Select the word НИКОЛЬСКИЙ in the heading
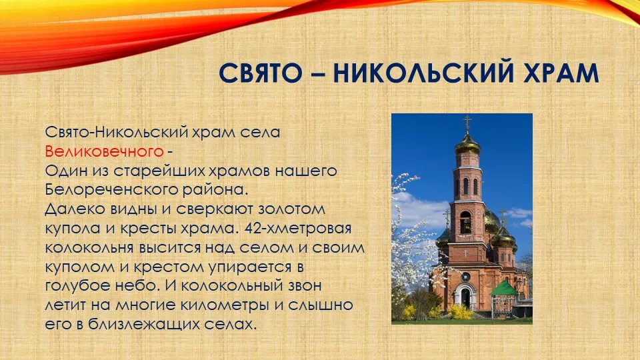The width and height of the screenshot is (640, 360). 423,73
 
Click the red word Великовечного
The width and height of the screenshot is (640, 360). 104,151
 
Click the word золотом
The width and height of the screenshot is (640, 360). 291,209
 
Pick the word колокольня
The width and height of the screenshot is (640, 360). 89,247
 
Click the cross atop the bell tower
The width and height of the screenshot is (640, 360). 467,123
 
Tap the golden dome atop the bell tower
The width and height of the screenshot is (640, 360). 468,144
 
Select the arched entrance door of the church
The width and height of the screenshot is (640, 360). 466,297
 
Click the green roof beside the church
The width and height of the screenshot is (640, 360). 504,288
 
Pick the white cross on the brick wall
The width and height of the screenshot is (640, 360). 465,253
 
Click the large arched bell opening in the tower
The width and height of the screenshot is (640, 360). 466,223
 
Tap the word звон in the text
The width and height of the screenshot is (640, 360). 303,286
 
